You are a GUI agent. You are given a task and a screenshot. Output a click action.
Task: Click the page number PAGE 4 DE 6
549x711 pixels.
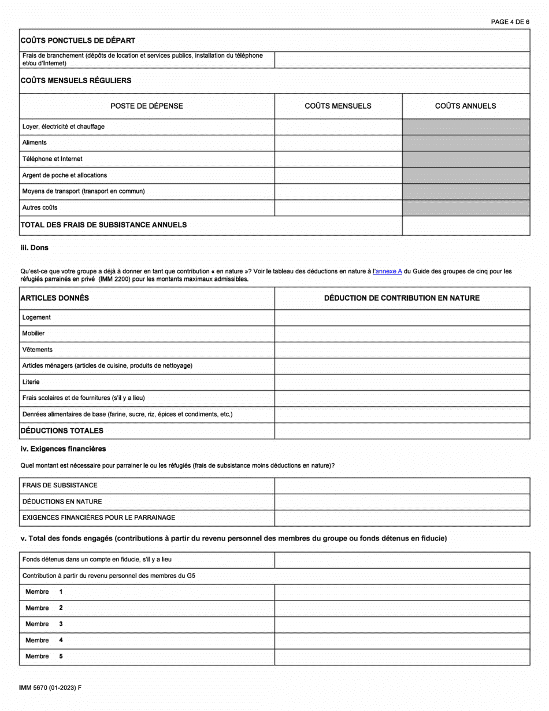pos(510,22)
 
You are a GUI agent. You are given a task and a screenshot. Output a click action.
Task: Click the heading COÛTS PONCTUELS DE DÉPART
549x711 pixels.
pos(78,40)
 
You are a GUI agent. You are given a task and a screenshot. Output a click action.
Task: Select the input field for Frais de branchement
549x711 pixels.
pos(402,60)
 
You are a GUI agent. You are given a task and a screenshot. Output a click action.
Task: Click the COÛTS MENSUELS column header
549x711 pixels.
pos(338,106)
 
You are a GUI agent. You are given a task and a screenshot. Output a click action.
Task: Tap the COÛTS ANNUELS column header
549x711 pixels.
pos(465,106)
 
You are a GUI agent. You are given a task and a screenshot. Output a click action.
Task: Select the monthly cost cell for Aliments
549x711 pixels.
pos(338,143)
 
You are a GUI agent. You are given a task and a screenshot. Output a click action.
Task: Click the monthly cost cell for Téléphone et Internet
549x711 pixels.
pos(338,159)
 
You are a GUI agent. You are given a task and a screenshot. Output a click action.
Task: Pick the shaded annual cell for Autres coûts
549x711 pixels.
pos(466,208)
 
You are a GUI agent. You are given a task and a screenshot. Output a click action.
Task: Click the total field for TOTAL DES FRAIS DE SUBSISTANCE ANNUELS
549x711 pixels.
pos(466,225)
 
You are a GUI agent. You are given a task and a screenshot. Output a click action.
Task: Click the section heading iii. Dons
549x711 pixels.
pos(35,247)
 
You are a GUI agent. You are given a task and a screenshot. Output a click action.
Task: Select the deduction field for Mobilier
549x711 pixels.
pos(402,334)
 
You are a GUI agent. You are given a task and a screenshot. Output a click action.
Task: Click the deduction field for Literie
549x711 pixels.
pos(402,382)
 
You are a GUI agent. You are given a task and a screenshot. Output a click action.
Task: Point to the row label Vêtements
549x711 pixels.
pos(37,350)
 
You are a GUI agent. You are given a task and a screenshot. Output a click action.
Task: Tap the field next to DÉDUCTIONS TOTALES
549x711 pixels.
pos(402,431)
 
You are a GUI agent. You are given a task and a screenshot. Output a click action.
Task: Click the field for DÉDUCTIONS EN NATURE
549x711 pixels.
pos(402,502)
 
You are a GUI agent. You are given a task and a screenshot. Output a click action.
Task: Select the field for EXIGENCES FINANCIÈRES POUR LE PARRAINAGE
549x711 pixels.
pos(402,518)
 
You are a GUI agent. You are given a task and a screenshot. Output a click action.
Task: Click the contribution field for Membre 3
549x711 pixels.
pos(402,624)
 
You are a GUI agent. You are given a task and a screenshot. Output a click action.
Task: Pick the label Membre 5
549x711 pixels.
pos(43,657)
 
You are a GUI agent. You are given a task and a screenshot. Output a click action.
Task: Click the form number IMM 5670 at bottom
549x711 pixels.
pos(50,688)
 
